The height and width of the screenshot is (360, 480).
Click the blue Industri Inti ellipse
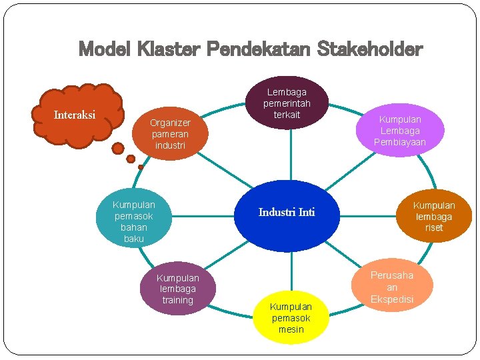click(x=287, y=215)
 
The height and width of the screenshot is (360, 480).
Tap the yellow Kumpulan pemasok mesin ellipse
click(x=291, y=318)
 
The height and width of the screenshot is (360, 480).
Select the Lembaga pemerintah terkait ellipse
click(x=287, y=103)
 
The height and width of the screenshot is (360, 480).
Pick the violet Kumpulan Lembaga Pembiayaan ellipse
click(x=400, y=130)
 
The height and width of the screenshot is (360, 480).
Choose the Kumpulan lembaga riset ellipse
click(x=434, y=216)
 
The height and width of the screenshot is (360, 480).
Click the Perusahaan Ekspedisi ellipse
click(x=392, y=287)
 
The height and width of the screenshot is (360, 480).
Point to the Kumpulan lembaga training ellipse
click(x=177, y=289)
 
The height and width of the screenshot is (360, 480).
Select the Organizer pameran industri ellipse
click(x=170, y=133)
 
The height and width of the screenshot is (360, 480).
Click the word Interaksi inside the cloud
click(x=74, y=115)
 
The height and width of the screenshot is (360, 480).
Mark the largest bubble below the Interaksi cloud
click(x=117, y=147)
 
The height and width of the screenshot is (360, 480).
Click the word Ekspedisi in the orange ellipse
click(x=392, y=299)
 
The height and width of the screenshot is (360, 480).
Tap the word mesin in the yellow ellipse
click(x=291, y=329)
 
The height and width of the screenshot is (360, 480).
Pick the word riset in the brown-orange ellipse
click(x=434, y=227)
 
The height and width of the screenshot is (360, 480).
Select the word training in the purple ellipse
click(x=177, y=300)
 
